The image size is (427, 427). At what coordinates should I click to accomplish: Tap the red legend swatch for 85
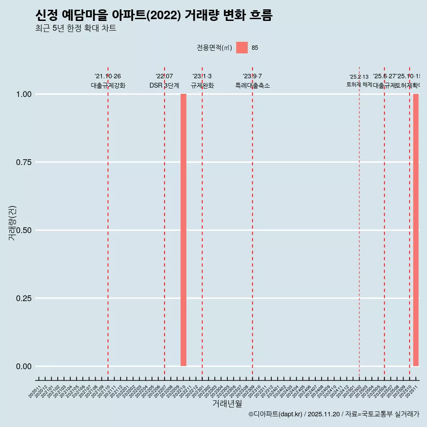pos(242,48)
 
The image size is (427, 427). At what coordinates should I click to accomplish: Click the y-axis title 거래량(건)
pos(12,223)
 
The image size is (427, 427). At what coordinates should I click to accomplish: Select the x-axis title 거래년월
pos(227,403)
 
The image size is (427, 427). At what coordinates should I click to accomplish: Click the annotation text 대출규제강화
pos(108,85)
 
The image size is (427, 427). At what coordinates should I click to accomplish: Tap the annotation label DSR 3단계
pos(164,85)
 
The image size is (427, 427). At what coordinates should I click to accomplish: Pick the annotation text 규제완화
pos(202,85)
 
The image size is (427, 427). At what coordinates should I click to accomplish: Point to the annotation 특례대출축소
pos(253,85)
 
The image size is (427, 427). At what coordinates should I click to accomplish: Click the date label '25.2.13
pos(359,77)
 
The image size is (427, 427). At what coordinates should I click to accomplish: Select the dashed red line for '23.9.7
pos(253,222)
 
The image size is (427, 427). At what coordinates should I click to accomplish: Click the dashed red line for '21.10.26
pos(108,222)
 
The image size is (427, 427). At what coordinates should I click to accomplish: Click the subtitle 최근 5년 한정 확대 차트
pos(76,28)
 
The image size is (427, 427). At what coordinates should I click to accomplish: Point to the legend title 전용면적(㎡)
pos(214,48)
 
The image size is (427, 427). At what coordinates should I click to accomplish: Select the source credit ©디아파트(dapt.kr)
pos(275,414)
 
